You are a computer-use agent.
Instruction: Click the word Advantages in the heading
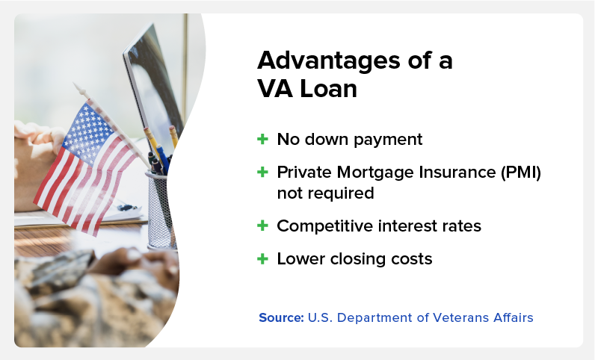[x=329, y=61]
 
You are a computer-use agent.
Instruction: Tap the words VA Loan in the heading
[x=307, y=89]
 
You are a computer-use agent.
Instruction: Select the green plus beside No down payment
[x=262, y=139]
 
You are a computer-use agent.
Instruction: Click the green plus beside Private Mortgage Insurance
[x=262, y=173]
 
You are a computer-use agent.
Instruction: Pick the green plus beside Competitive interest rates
[x=262, y=226]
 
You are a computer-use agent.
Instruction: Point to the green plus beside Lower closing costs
[x=262, y=259]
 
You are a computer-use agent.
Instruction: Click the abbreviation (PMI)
[x=521, y=173]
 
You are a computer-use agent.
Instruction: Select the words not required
[x=326, y=193]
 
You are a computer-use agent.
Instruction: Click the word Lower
[x=301, y=259]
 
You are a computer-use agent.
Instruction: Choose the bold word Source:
[x=281, y=317]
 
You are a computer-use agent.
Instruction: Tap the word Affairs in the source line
[x=514, y=317]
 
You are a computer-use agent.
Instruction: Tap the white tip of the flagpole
[x=80, y=89]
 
